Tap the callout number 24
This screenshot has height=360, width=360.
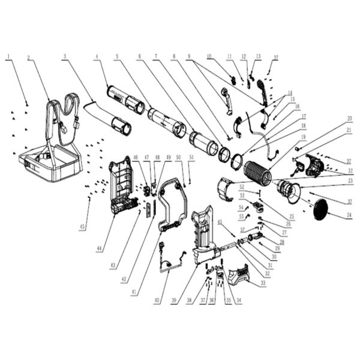tap(349, 215)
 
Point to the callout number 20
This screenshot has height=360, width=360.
tap(349, 118)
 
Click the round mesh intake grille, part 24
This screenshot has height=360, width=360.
tap(319, 208)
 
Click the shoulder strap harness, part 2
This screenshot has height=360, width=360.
tap(63, 117)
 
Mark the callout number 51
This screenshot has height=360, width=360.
tap(191, 157)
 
